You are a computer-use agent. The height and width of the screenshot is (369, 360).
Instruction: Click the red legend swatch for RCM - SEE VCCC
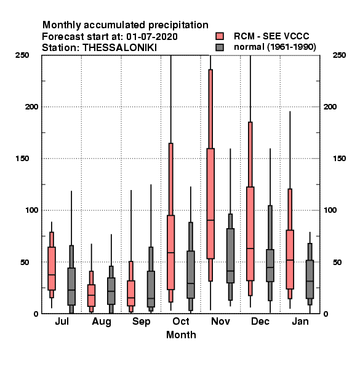(x=220, y=36)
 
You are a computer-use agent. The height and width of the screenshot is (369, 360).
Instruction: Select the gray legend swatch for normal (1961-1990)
(x=220, y=47)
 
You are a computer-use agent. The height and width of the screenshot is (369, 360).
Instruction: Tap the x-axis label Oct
(x=181, y=321)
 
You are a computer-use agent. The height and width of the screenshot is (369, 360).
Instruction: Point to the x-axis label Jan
(x=300, y=321)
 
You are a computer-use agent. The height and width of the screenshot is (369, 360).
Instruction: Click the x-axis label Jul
(x=62, y=321)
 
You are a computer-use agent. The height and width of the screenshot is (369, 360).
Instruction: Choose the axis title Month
(x=181, y=335)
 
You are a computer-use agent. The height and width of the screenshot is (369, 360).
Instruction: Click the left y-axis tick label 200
(x=31, y=107)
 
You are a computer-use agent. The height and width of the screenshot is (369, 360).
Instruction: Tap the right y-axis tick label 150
(x=339, y=159)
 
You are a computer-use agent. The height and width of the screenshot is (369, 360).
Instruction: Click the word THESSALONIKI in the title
(x=119, y=48)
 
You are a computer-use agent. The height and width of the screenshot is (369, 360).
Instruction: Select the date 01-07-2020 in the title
(x=152, y=37)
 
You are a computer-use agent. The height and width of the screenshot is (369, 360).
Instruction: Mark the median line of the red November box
(x=210, y=220)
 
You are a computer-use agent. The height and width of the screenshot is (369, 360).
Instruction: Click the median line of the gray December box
(x=270, y=268)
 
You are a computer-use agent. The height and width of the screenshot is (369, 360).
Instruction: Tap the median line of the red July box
(x=52, y=275)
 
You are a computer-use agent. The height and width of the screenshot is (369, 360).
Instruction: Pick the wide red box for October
(x=170, y=252)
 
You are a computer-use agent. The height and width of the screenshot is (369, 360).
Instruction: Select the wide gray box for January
(x=310, y=279)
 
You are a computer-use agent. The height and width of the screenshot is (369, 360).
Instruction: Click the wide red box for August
(x=91, y=295)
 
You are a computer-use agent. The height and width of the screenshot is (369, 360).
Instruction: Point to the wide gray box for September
(x=151, y=289)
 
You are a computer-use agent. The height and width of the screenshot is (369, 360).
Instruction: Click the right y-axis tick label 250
(x=339, y=55)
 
